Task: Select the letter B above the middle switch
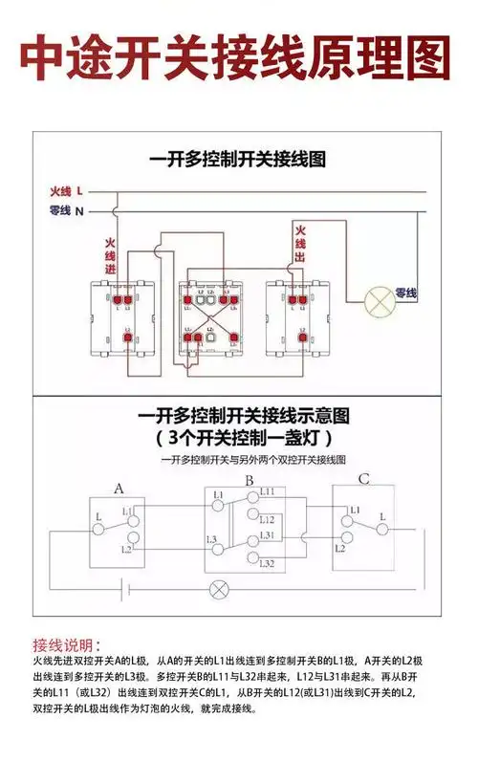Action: click(x=248, y=481)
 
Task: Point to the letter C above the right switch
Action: click(x=364, y=479)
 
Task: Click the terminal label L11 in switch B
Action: click(x=267, y=491)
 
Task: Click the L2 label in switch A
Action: click(x=127, y=550)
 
